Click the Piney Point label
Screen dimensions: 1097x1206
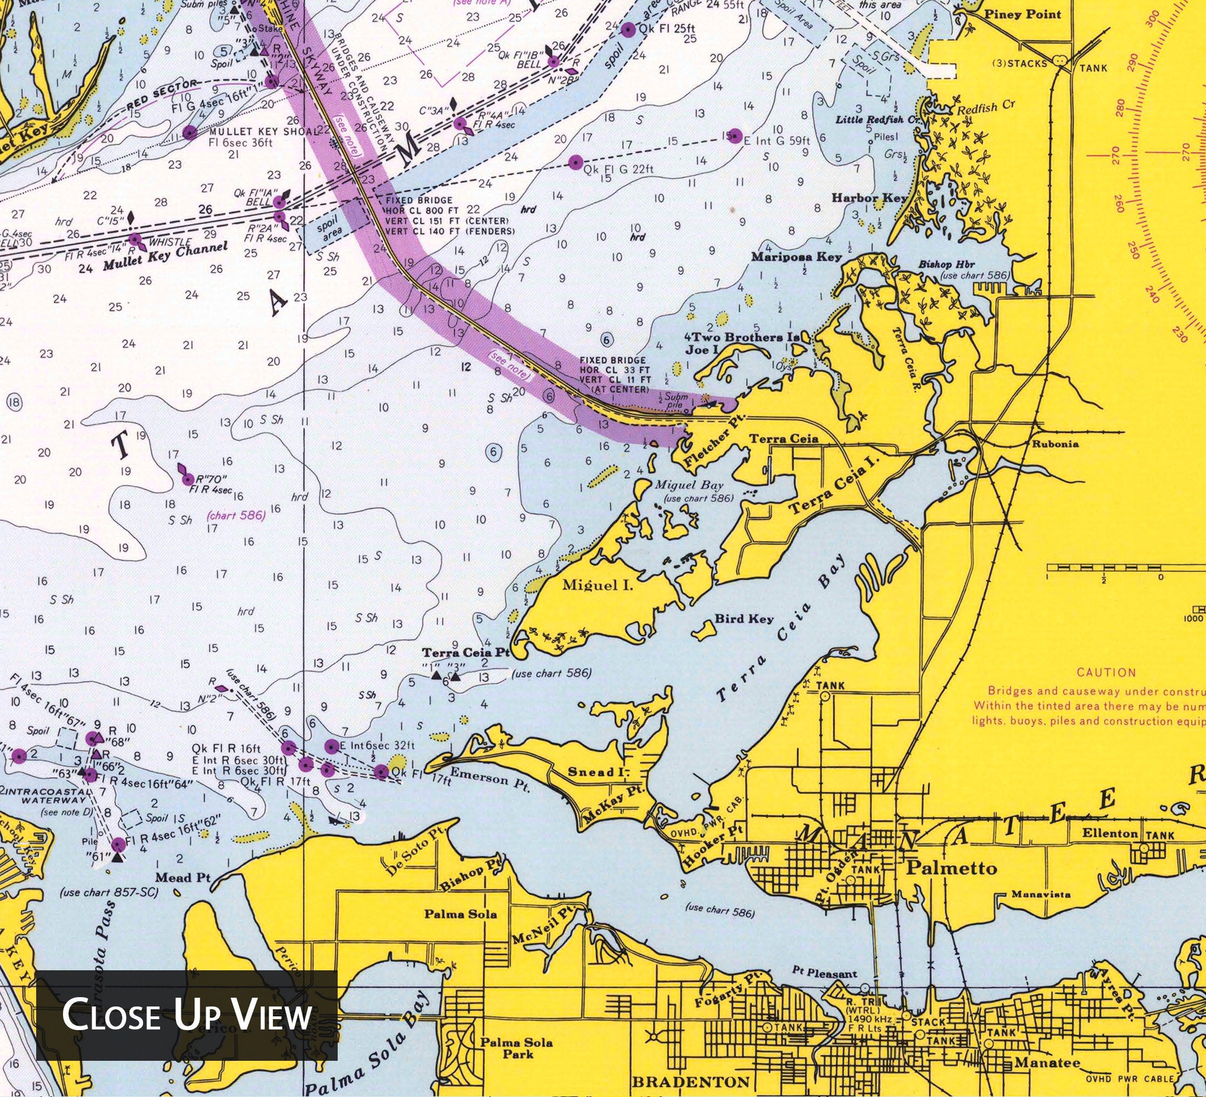(1022, 14)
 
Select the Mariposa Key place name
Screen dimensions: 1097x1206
(796, 257)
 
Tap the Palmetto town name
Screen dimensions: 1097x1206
(952, 868)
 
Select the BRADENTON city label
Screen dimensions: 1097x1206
(690, 1082)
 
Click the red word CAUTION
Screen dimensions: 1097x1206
(1106, 672)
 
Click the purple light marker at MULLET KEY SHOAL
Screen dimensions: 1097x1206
(190, 133)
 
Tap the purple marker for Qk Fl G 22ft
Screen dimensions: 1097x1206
(576, 162)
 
